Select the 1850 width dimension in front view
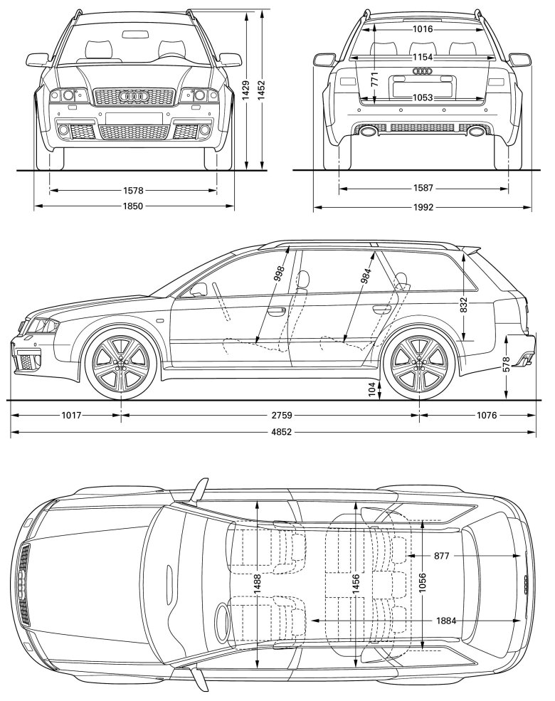134,206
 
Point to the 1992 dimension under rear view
423,207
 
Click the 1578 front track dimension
134,190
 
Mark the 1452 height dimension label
262,90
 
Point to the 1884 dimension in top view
445,621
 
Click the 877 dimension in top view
441,555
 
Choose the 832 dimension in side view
464,305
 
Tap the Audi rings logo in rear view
423,70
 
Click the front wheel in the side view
120,362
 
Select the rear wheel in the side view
418,362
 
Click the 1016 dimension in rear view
423,29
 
